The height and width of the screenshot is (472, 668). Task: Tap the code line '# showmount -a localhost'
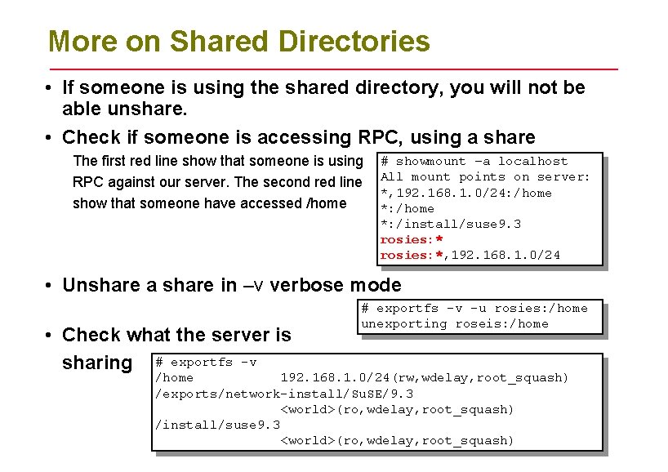pos(474,162)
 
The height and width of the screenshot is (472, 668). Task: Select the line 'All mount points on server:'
pos(485,177)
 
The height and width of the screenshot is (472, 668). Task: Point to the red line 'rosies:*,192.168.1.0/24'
pos(470,256)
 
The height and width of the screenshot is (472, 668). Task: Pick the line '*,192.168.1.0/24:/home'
pos(465,193)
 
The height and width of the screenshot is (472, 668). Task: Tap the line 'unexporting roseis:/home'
pos(455,324)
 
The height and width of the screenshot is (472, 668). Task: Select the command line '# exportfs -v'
pos(206,362)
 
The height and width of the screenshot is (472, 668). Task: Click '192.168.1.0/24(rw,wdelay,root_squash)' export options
pos(424,378)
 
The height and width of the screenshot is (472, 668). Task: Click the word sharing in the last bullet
pos(97,363)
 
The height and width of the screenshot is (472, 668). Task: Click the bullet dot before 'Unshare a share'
pos(51,286)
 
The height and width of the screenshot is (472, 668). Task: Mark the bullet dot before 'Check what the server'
pos(51,335)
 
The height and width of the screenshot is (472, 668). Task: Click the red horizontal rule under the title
pos(333,69)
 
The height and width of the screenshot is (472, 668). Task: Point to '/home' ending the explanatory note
pos(326,203)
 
